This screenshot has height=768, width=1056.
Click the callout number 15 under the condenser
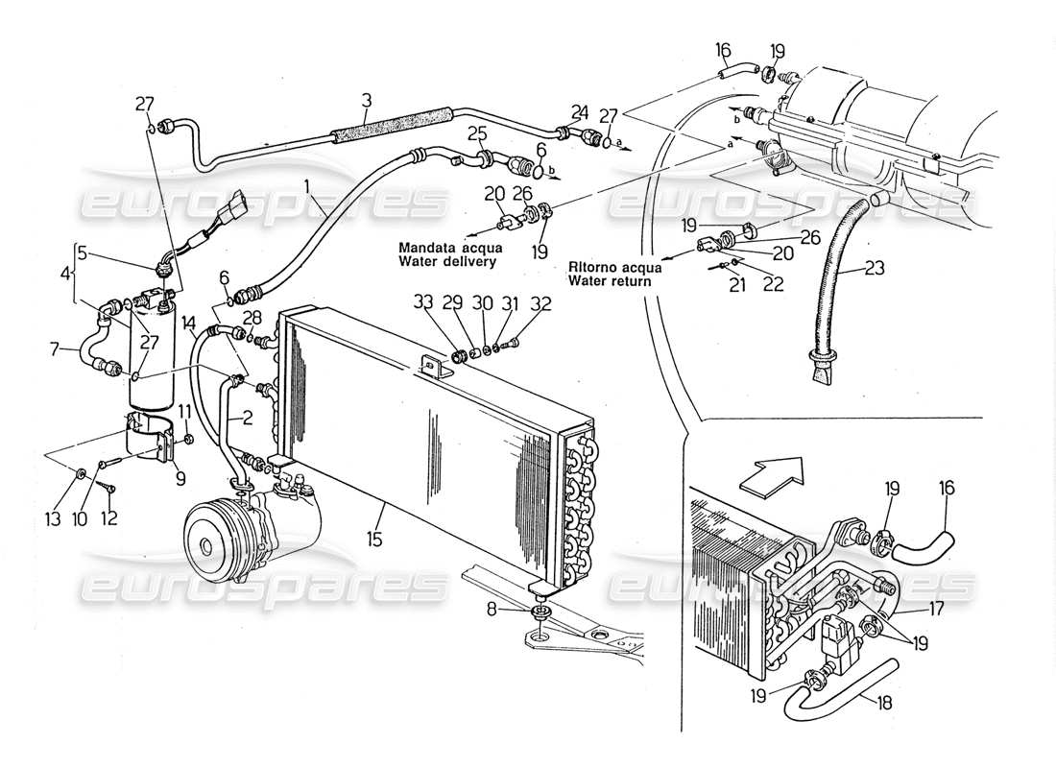pyautogui.click(x=374, y=539)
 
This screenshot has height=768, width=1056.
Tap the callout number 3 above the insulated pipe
pyautogui.click(x=367, y=100)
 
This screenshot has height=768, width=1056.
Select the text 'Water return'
pyautogui.click(x=608, y=281)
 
